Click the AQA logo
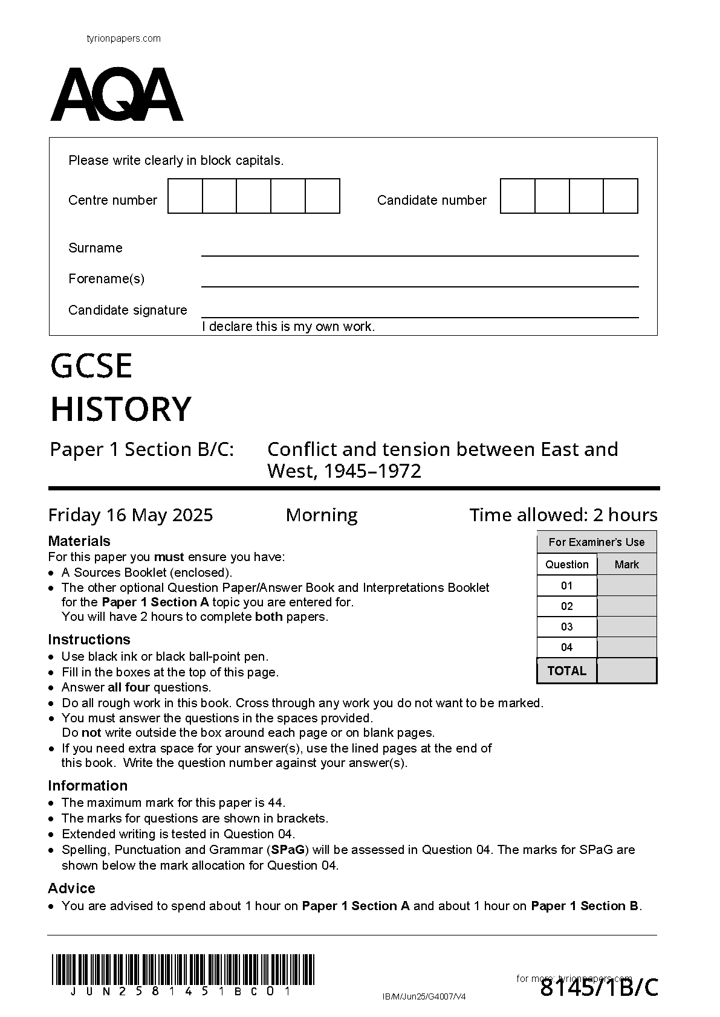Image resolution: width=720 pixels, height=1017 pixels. coord(117,95)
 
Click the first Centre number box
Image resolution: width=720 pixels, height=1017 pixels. coord(185,196)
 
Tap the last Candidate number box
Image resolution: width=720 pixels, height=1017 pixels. coord(621,196)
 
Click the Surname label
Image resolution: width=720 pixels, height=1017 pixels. coord(96,248)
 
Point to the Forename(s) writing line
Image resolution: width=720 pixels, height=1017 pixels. coord(420,285)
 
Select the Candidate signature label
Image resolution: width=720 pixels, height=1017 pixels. coord(128,310)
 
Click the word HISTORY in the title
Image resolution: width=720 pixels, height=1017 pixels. coord(121,409)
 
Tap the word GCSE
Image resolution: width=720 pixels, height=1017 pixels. coord(91,366)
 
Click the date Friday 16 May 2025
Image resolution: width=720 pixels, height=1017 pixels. coord(131,515)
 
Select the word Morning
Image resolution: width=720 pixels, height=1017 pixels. coord(322,515)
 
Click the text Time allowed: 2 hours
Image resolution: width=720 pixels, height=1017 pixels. coord(563,515)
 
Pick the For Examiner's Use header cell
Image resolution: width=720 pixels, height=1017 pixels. coord(597,542)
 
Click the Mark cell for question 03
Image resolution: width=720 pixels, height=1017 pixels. coord(627,627)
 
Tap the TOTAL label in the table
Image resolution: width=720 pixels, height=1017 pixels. coord(566,671)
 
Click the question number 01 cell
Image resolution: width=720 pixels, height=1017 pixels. coord(566,585)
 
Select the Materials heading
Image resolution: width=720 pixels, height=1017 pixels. coord(79,541)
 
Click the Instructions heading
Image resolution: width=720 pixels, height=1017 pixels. coord(89,640)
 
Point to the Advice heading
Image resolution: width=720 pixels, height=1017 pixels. coord(71,888)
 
